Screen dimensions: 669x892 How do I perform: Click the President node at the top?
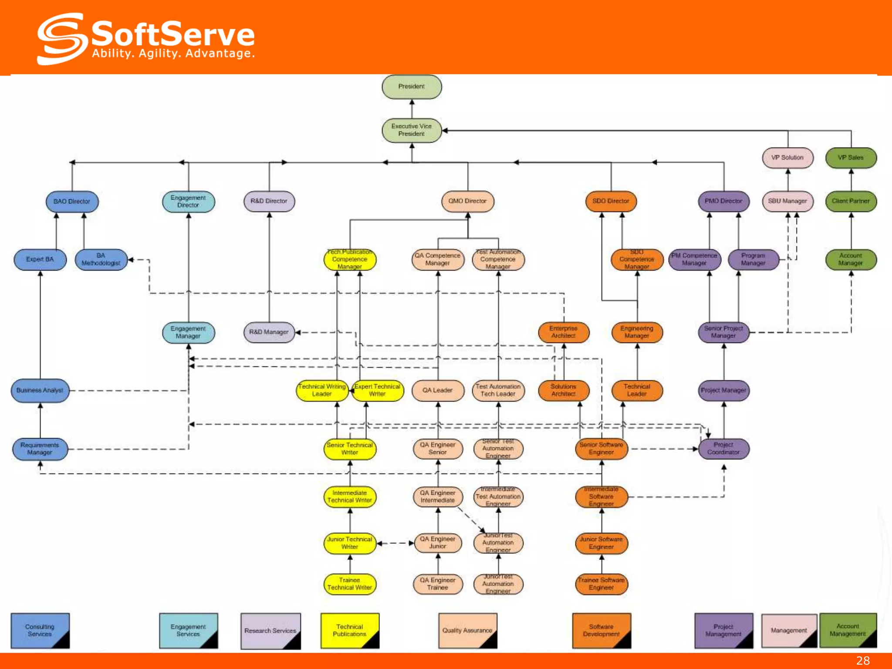412,87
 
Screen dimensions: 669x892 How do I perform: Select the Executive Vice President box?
412,130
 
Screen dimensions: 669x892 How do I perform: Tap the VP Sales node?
851,158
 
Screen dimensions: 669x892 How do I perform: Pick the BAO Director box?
72,202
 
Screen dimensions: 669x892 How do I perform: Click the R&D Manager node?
269,332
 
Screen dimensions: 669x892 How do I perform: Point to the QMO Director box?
467,201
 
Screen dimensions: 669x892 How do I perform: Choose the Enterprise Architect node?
563,332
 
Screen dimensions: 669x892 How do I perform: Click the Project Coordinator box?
723,449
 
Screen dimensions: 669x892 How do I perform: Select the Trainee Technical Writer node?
349,584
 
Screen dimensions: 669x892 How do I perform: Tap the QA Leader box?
437,391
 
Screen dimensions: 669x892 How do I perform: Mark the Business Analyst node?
40,391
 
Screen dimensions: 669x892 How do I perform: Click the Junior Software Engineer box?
601,543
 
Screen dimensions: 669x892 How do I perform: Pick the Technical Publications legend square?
349,630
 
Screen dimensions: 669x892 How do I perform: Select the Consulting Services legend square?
40,630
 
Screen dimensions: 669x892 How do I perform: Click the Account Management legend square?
848,630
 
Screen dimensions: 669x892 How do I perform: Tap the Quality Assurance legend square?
467,630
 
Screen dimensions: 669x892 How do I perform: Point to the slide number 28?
863,661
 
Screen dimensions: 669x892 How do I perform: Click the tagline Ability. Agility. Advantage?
173,54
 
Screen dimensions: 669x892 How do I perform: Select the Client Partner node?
851,201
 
